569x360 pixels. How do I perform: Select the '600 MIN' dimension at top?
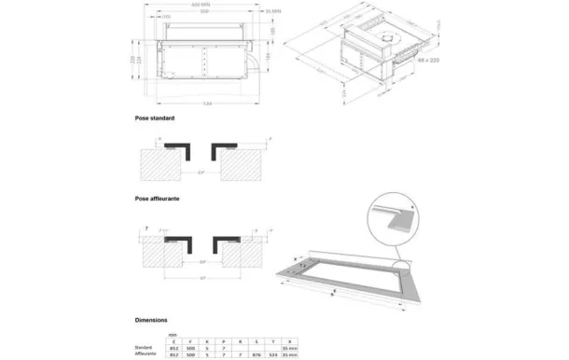tap(200, 5)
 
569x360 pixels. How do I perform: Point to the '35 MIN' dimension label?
tap(247, 11)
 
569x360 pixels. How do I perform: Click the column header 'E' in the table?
tap(173, 341)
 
